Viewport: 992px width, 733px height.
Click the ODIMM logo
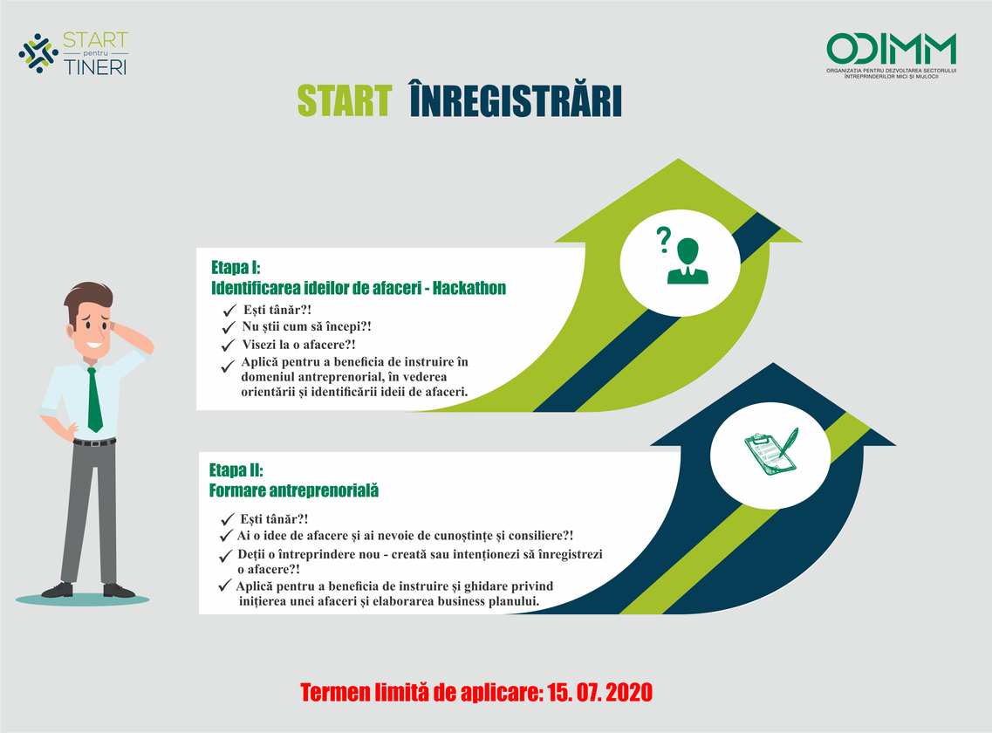[891, 56]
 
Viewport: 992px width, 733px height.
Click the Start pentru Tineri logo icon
[38, 53]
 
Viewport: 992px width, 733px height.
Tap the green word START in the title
[345, 101]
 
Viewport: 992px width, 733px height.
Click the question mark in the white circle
[663, 240]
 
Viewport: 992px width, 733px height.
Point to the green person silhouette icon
[688, 260]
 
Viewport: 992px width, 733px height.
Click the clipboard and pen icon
[771, 450]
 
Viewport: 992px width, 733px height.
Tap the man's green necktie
[93, 400]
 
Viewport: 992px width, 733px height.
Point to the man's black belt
[94, 442]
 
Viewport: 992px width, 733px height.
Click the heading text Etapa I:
[236, 267]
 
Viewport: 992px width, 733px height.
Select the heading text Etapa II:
[236, 470]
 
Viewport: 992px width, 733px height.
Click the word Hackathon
[469, 288]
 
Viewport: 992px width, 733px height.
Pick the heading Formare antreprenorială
[293, 490]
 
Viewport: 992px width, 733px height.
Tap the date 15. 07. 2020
[599, 693]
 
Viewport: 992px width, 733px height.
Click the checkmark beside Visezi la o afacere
[228, 346]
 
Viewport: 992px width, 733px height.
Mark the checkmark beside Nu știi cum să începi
[229, 328]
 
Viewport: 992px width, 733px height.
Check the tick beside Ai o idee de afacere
[226, 536]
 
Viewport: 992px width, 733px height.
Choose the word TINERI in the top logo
[95, 66]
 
